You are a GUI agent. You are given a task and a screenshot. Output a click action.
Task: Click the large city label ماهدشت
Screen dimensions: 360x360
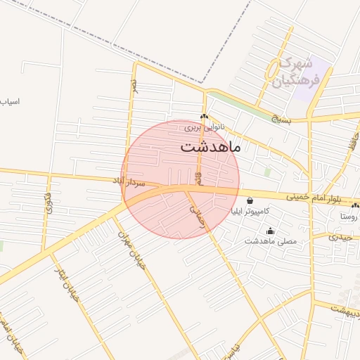click(210, 147)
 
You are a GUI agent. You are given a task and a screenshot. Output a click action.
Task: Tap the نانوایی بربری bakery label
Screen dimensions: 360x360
click(202, 128)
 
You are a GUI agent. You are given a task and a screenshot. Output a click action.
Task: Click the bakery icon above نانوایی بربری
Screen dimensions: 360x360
click(204, 117)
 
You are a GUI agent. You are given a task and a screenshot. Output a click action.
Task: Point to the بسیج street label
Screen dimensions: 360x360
click(281, 119)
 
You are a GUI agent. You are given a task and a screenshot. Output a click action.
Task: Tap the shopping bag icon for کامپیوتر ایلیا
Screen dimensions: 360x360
click(250, 200)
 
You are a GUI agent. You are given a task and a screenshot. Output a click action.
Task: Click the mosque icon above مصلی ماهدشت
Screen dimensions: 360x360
click(271, 231)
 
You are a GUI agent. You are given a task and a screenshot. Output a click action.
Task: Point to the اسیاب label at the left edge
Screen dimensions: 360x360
click(9, 102)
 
